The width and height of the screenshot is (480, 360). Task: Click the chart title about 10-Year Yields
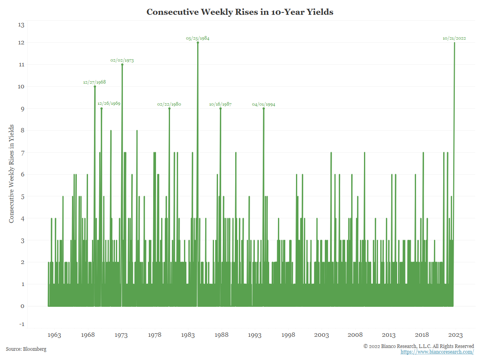[240, 12]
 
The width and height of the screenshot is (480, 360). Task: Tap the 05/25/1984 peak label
[198, 38]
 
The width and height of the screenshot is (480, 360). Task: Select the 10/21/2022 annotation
[454, 38]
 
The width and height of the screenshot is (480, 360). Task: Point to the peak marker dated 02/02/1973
[122, 64]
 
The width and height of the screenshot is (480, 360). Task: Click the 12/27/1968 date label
[94, 82]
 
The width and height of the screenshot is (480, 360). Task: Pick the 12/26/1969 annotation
[109, 104]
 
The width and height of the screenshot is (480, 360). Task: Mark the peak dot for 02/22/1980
[169, 108]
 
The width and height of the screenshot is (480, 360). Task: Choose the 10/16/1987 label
[220, 104]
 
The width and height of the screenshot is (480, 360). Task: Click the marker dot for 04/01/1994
[264, 108]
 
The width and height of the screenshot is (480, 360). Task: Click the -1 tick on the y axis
[21, 324]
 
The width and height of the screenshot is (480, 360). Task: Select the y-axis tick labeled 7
[22, 152]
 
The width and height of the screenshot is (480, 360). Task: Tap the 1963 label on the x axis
[54, 335]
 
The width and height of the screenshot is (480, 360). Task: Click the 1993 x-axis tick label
[255, 335]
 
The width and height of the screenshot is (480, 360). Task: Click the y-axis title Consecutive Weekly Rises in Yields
[12, 174]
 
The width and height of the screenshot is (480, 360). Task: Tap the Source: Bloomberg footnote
[26, 349]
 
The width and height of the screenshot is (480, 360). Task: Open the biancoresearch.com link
[437, 352]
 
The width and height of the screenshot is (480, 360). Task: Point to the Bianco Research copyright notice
[418, 346]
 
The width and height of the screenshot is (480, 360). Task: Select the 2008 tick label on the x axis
[355, 335]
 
